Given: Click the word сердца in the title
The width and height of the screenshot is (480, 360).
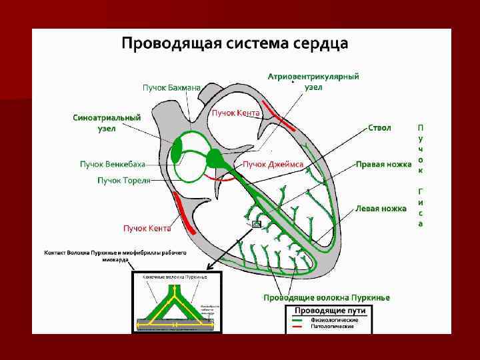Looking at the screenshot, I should point(321,44).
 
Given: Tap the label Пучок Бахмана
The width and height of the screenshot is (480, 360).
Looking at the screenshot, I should point(171,87).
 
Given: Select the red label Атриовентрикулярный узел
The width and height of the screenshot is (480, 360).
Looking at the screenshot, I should point(313,81).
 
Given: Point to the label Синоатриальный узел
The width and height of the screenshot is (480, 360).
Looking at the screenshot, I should point(107,123).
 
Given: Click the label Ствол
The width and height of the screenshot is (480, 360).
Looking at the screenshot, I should point(379,127).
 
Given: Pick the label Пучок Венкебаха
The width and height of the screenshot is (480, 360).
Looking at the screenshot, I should point(111,164).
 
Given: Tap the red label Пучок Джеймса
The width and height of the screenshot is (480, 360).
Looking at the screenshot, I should point(273,164).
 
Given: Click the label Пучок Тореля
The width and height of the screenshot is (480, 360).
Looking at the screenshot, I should point(124,180).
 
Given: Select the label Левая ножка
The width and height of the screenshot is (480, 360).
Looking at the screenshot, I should point(381,209).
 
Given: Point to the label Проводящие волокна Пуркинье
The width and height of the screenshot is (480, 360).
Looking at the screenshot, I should point(326,297).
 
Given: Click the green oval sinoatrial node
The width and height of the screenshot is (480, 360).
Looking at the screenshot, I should point(177,150).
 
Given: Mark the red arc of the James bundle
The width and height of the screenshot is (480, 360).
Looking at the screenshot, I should point(218,178).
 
